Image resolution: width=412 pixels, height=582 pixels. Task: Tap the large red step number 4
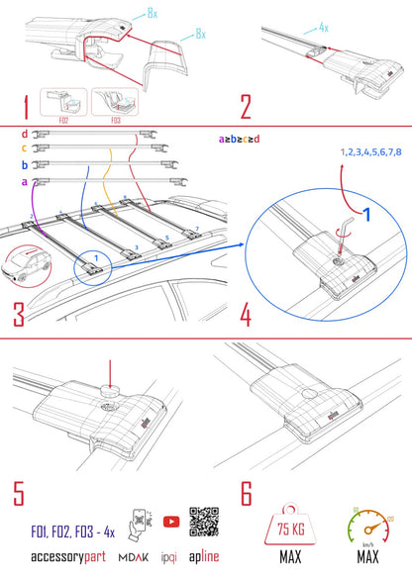[x=243, y=316]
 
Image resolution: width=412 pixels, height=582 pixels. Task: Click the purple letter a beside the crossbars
[x=24, y=181]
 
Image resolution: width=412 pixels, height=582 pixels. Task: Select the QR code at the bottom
[x=204, y=525]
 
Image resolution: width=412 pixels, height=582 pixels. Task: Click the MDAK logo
[x=129, y=557]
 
